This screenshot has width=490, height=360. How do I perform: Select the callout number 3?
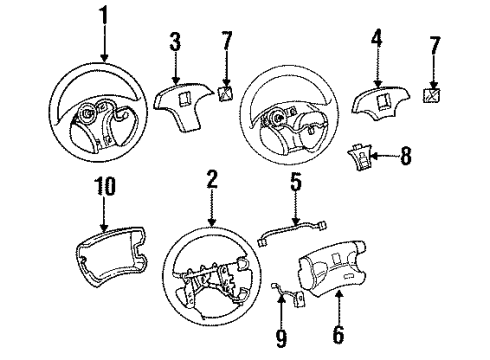pos(175,42)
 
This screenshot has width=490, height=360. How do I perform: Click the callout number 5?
pos(295,183)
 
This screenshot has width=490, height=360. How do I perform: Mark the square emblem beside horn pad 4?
pos(433,97)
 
